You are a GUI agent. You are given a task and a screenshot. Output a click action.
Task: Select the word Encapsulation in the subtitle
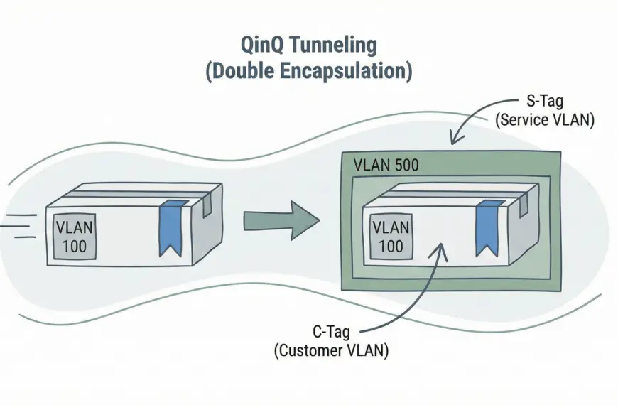349,72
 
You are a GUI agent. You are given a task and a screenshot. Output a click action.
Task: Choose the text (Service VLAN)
544,120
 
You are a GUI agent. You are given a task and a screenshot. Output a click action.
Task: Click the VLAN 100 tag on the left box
73,237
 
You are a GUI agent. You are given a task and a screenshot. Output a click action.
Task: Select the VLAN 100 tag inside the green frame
390,237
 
